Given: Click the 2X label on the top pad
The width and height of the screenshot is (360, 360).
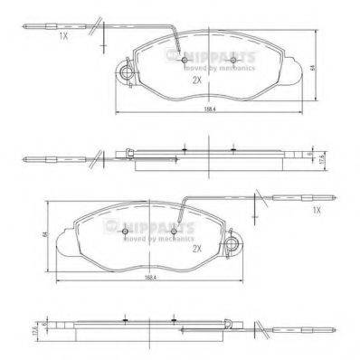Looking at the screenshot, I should point(195,80).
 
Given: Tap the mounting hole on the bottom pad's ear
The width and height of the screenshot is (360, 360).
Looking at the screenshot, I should point(237,242).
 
